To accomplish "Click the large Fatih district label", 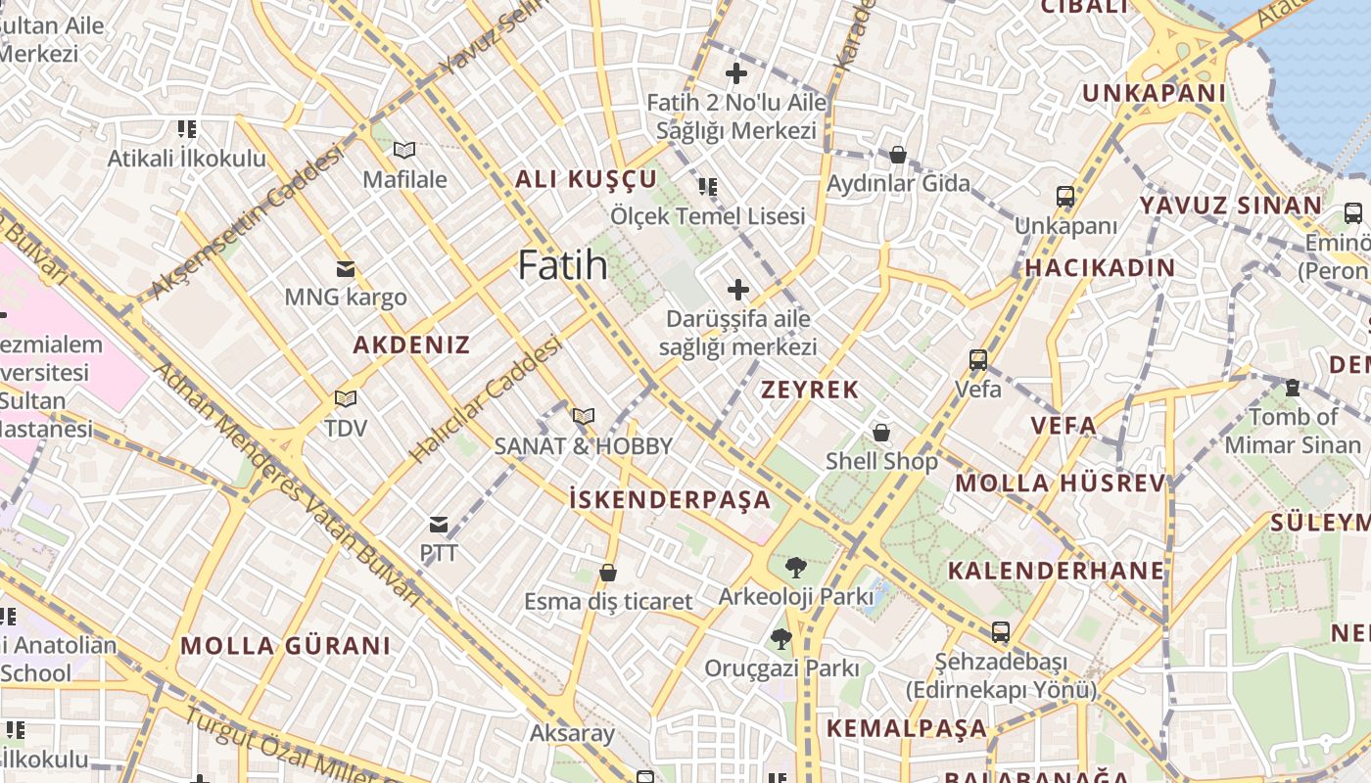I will click(x=562, y=265).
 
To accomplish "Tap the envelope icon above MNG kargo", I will click(x=345, y=268).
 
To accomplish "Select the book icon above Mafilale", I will click(x=403, y=150).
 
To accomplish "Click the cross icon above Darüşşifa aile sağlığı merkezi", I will click(x=737, y=290).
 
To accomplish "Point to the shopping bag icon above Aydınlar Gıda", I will click(x=897, y=155).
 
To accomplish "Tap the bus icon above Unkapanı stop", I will click(x=1064, y=197).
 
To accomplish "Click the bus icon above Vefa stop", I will click(x=977, y=359).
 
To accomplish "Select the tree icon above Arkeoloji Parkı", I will click(x=795, y=567).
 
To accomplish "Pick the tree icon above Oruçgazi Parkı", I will click(x=780, y=639).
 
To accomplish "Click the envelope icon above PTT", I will click(x=439, y=525).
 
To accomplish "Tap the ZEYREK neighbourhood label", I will click(x=810, y=390).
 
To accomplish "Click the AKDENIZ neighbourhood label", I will click(x=411, y=345).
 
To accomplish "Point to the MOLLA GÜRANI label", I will click(x=285, y=646).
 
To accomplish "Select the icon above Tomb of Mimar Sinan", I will click(x=1292, y=388).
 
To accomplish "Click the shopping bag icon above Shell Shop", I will click(x=881, y=432).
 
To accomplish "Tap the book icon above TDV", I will click(x=345, y=398).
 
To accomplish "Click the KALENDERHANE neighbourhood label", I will click(x=1056, y=570).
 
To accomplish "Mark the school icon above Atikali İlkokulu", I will click(x=186, y=128).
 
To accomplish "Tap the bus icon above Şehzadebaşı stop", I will click(x=1000, y=632).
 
